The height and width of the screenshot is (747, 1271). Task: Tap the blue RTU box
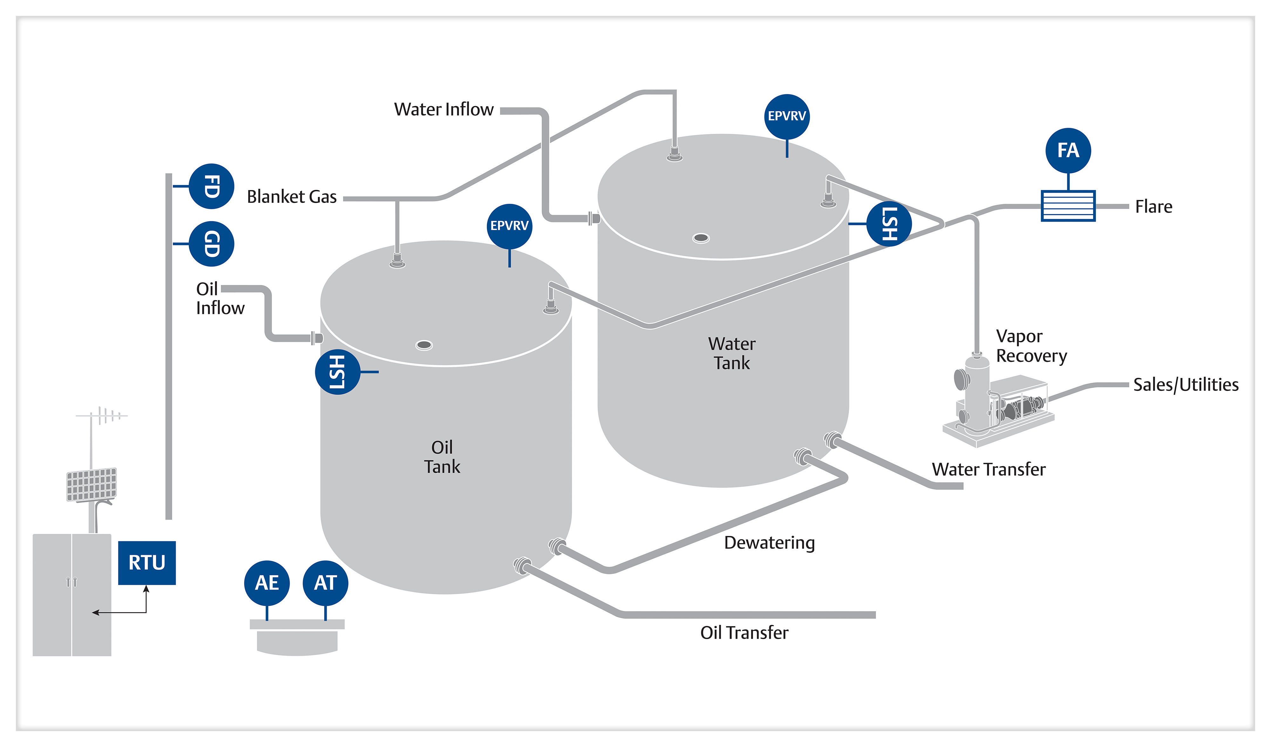tap(147, 563)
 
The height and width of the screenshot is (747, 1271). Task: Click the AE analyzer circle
tap(267, 583)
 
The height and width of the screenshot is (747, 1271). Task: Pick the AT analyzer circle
tap(325, 583)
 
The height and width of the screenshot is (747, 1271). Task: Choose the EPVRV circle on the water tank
tap(787, 117)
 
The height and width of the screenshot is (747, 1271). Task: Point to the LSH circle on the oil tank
tap(337, 372)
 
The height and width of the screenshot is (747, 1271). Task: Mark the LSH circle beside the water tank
tap(889, 224)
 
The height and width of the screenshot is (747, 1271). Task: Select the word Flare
tap(1153, 207)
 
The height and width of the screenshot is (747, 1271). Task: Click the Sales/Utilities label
tap(1186, 384)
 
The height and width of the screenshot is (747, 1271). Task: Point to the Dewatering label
tap(769, 543)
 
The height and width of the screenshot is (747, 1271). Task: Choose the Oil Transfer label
tap(744, 633)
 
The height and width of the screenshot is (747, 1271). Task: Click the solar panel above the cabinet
tap(92, 484)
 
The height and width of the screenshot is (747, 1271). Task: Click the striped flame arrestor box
tap(1068, 206)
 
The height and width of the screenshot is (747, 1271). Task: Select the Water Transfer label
tap(989, 469)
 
